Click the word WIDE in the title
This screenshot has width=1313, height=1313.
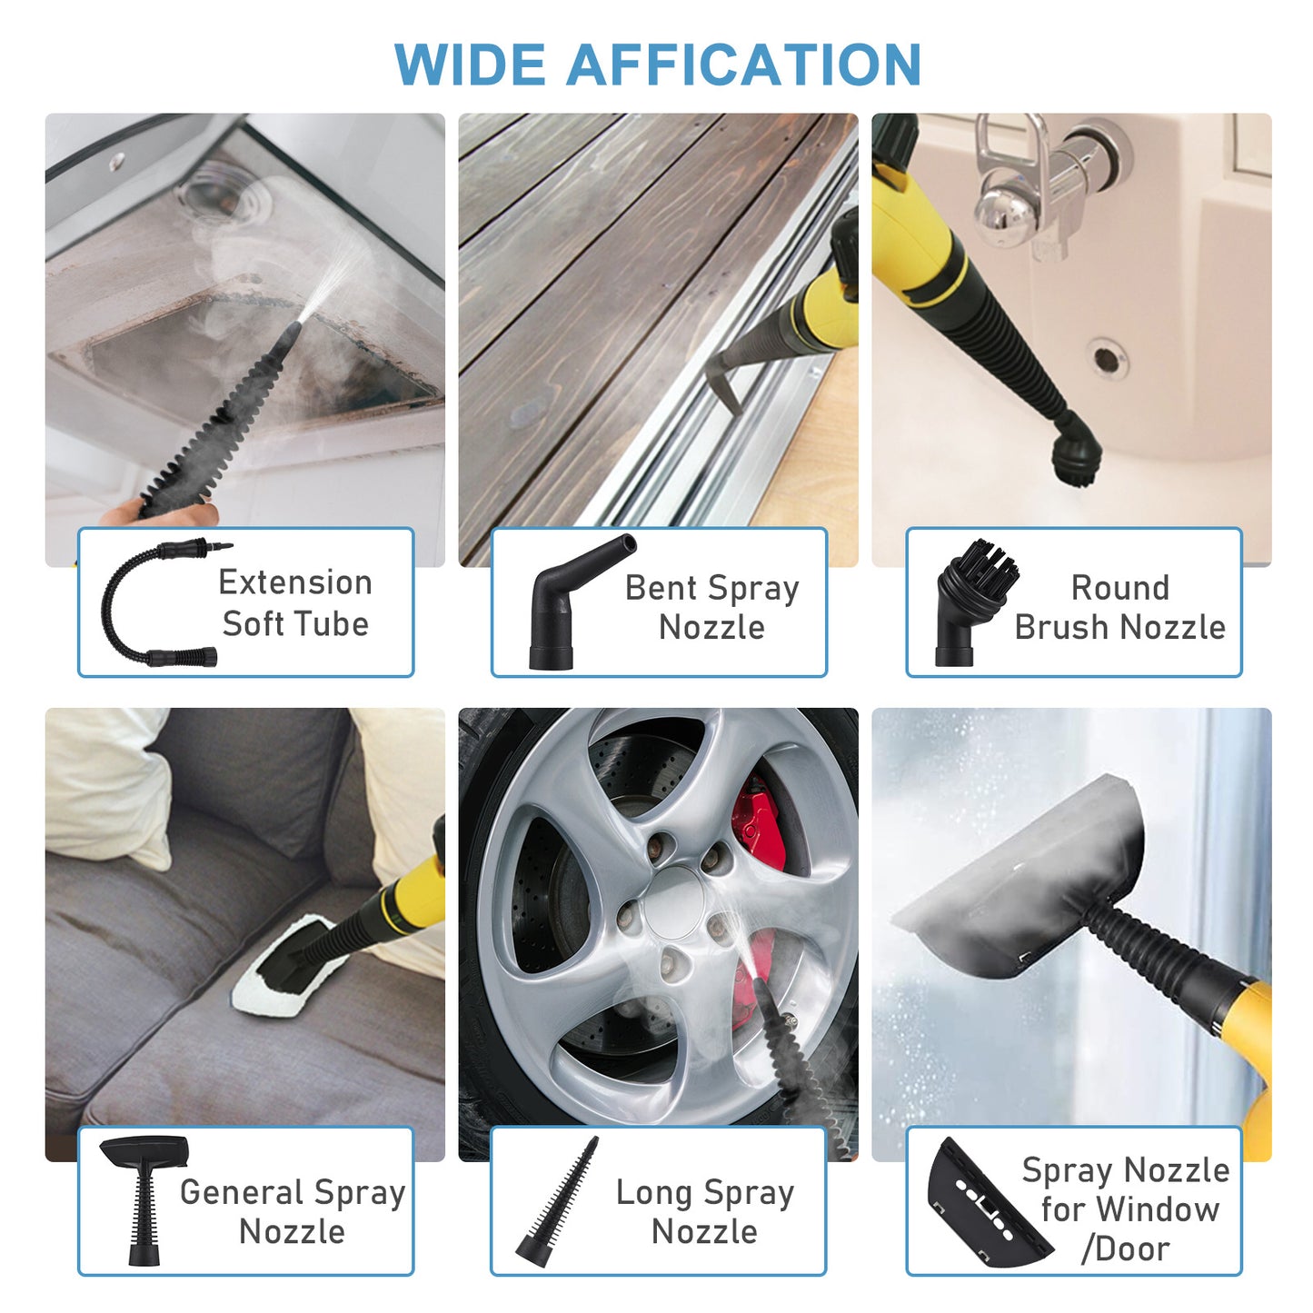click(471, 65)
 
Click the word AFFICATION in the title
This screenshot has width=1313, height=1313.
click(743, 65)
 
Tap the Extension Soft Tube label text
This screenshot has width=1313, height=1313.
click(295, 602)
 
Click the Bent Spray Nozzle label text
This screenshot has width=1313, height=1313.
click(711, 607)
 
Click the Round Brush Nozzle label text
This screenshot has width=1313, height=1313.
click(1119, 607)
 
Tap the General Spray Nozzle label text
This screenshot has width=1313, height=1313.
click(292, 1211)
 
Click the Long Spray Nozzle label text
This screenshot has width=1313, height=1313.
click(704, 1211)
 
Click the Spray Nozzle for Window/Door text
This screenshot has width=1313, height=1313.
click(1127, 1209)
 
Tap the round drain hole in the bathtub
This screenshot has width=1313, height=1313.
click(1106, 358)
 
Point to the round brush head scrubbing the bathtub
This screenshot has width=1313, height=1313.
click(1077, 454)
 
